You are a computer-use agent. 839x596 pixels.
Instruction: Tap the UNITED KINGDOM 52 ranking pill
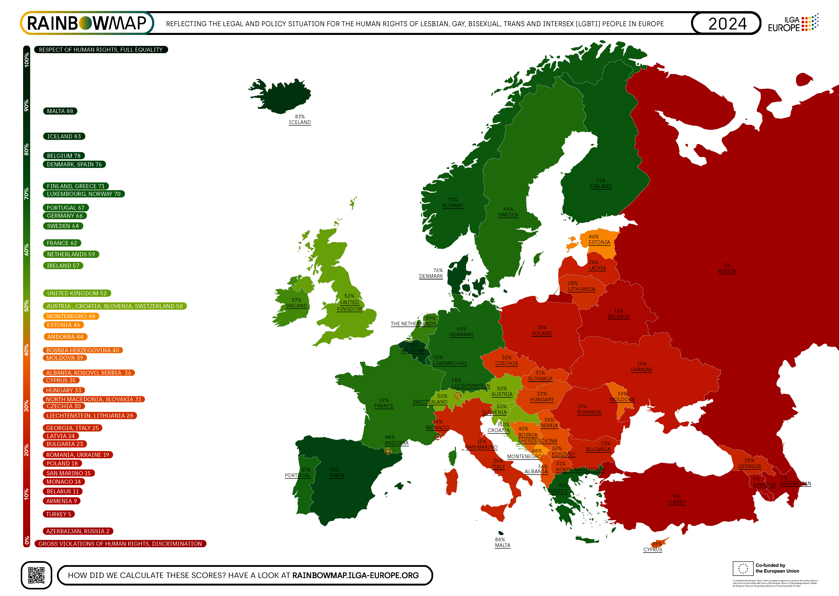click(77, 293)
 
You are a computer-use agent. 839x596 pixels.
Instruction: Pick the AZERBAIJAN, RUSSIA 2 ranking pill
click(78, 531)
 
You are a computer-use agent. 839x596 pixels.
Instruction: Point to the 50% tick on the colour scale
click(26, 306)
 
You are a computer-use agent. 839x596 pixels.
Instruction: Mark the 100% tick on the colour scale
click(26, 60)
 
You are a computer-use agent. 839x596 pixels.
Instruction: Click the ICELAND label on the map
click(300, 122)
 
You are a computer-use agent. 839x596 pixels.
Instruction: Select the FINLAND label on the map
click(600, 186)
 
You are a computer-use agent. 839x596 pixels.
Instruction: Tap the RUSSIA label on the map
click(726, 271)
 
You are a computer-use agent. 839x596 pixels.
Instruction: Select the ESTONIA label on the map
click(599, 243)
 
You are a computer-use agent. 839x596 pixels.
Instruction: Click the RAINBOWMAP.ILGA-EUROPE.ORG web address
click(355, 575)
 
